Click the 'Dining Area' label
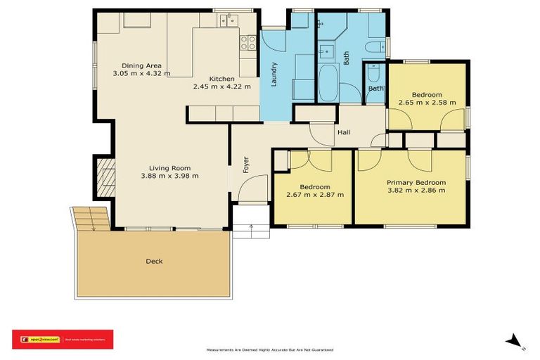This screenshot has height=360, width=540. coord(141,65)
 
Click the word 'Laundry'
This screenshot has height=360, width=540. coord(273,74)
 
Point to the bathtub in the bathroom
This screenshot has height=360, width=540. coord(328,83)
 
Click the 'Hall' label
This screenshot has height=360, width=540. coord(344,132)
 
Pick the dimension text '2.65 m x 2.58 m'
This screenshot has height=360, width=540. coord(427,103)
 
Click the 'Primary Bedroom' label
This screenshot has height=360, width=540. coord(416,182)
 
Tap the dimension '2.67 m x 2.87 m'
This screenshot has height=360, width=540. coord(314,194)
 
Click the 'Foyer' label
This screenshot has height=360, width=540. coord(246,164)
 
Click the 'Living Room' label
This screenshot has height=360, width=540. coord(169,168)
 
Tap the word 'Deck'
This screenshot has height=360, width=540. coord(154,262)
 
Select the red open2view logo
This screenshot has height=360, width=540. coord(63,339)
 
